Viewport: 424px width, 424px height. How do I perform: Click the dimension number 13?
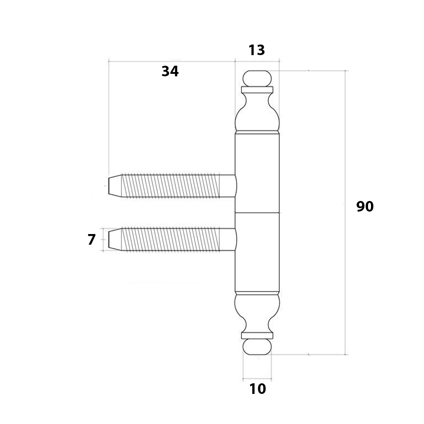click(257, 50)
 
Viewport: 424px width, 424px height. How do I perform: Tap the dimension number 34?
click(170, 71)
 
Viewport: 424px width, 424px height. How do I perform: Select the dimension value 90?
click(365, 206)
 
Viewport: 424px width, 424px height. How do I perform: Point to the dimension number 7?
click(92, 240)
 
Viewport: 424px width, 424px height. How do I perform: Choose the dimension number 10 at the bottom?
click(257, 389)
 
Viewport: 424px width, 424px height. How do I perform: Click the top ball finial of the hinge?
click(257, 78)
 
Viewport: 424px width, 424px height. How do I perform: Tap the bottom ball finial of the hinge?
click(257, 347)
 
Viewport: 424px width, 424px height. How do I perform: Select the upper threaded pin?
click(172, 186)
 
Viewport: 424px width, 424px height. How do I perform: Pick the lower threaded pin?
click(172, 240)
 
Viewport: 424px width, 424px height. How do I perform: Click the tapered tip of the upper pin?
click(115, 186)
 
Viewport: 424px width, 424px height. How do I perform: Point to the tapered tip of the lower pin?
click(115, 240)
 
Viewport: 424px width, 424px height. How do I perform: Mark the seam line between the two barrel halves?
click(257, 212)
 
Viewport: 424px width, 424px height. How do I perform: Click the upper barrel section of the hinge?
click(257, 173)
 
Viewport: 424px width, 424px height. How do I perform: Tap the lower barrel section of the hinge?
click(257, 252)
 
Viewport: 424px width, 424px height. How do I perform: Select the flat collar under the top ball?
click(257, 90)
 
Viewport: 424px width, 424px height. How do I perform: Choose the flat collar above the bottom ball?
click(257, 335)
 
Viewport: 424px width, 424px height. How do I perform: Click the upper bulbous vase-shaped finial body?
click(257, 112)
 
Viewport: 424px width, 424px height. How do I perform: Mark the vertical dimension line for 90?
click(345, 212)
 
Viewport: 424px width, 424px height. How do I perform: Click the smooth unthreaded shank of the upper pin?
click(228, 186)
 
